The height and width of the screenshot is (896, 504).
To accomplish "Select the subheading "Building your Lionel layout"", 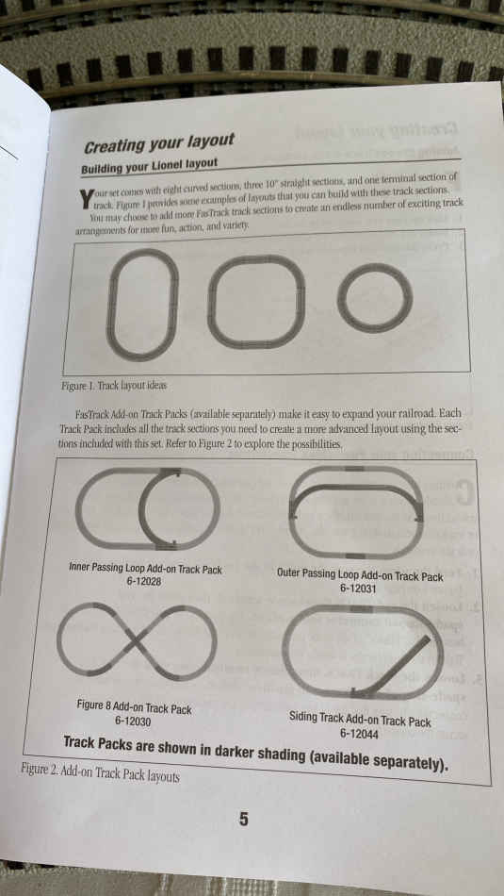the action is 149,167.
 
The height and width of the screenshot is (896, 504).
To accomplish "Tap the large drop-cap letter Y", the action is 86,198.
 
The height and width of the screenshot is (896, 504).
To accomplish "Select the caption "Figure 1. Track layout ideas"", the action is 114,386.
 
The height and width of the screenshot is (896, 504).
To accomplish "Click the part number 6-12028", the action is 144,582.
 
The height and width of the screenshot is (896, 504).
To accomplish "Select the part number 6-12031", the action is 358,588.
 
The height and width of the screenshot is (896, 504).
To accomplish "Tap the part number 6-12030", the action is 133,722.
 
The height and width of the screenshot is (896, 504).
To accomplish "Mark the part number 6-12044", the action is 359,735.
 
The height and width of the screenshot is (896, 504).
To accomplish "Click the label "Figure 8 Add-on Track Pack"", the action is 134,708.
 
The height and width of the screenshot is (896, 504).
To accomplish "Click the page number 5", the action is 244,820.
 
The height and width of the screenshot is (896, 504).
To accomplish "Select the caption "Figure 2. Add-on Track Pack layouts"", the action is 100,774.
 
